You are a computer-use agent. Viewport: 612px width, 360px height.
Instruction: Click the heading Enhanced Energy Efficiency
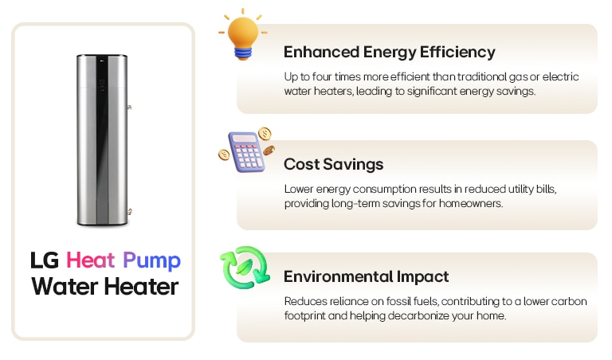[389, 53]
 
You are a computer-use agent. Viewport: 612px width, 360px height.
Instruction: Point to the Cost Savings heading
[333, 165]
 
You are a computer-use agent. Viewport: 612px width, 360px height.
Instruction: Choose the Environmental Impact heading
[366, 277]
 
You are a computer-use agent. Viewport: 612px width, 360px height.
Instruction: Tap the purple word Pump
[151, 261]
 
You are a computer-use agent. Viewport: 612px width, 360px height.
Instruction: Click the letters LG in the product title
[45, 260]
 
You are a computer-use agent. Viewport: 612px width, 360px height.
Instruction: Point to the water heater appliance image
[103, 139]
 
